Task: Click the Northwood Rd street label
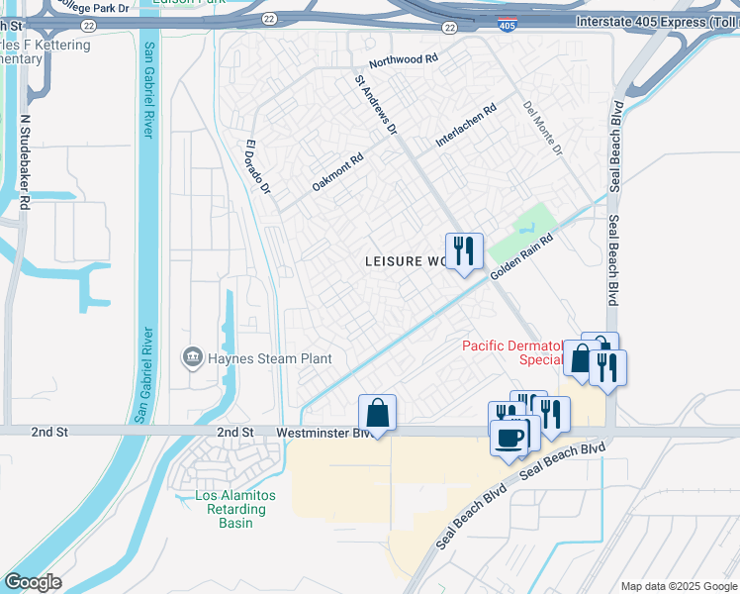tap(404, 60)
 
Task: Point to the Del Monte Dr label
tap(542, 128)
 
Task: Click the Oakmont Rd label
tap(338, 171)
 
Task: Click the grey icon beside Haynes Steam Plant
tap(191, 356)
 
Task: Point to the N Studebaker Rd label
tap(25, 160)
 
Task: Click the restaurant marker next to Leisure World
tap(463, 251)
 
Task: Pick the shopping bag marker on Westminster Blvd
tap(378, 412)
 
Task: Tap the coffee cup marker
tap(509, 439)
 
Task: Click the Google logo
tap(33, 582)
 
